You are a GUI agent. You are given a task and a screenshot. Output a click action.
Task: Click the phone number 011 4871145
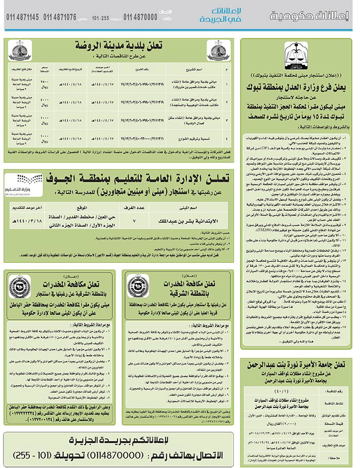(22, 17)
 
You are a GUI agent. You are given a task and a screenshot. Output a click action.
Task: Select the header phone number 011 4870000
(140, 17)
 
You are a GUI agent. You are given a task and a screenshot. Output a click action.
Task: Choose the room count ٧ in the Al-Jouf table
(134, 222)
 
